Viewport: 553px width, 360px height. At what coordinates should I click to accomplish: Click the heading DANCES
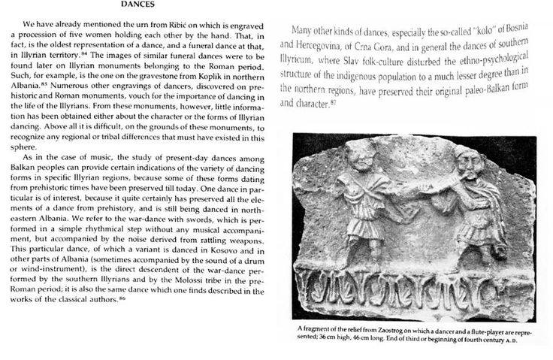[x=138, y=5]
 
